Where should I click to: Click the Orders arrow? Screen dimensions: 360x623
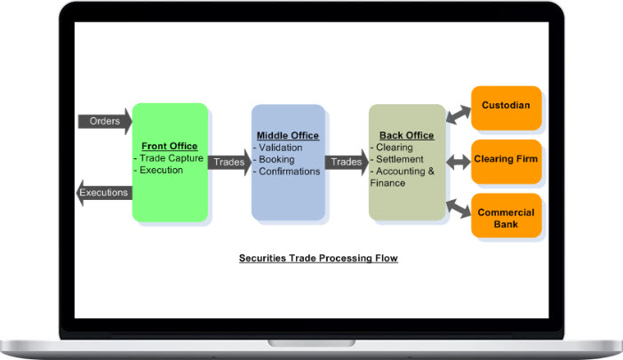[104, 120]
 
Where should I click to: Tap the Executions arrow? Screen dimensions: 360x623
[104, 193]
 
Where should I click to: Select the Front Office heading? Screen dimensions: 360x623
[169, 147]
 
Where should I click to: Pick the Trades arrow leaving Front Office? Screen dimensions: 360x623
[228, 162]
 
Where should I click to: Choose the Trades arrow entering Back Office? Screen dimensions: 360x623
[347, 162]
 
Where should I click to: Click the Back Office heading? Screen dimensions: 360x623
[406, 135]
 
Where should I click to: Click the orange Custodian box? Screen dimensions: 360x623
[506, 106]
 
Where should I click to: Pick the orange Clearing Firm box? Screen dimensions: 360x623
[506, 160]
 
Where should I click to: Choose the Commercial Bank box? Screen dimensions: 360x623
[506, 218]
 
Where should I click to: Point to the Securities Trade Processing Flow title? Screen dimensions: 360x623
[318, 259]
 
